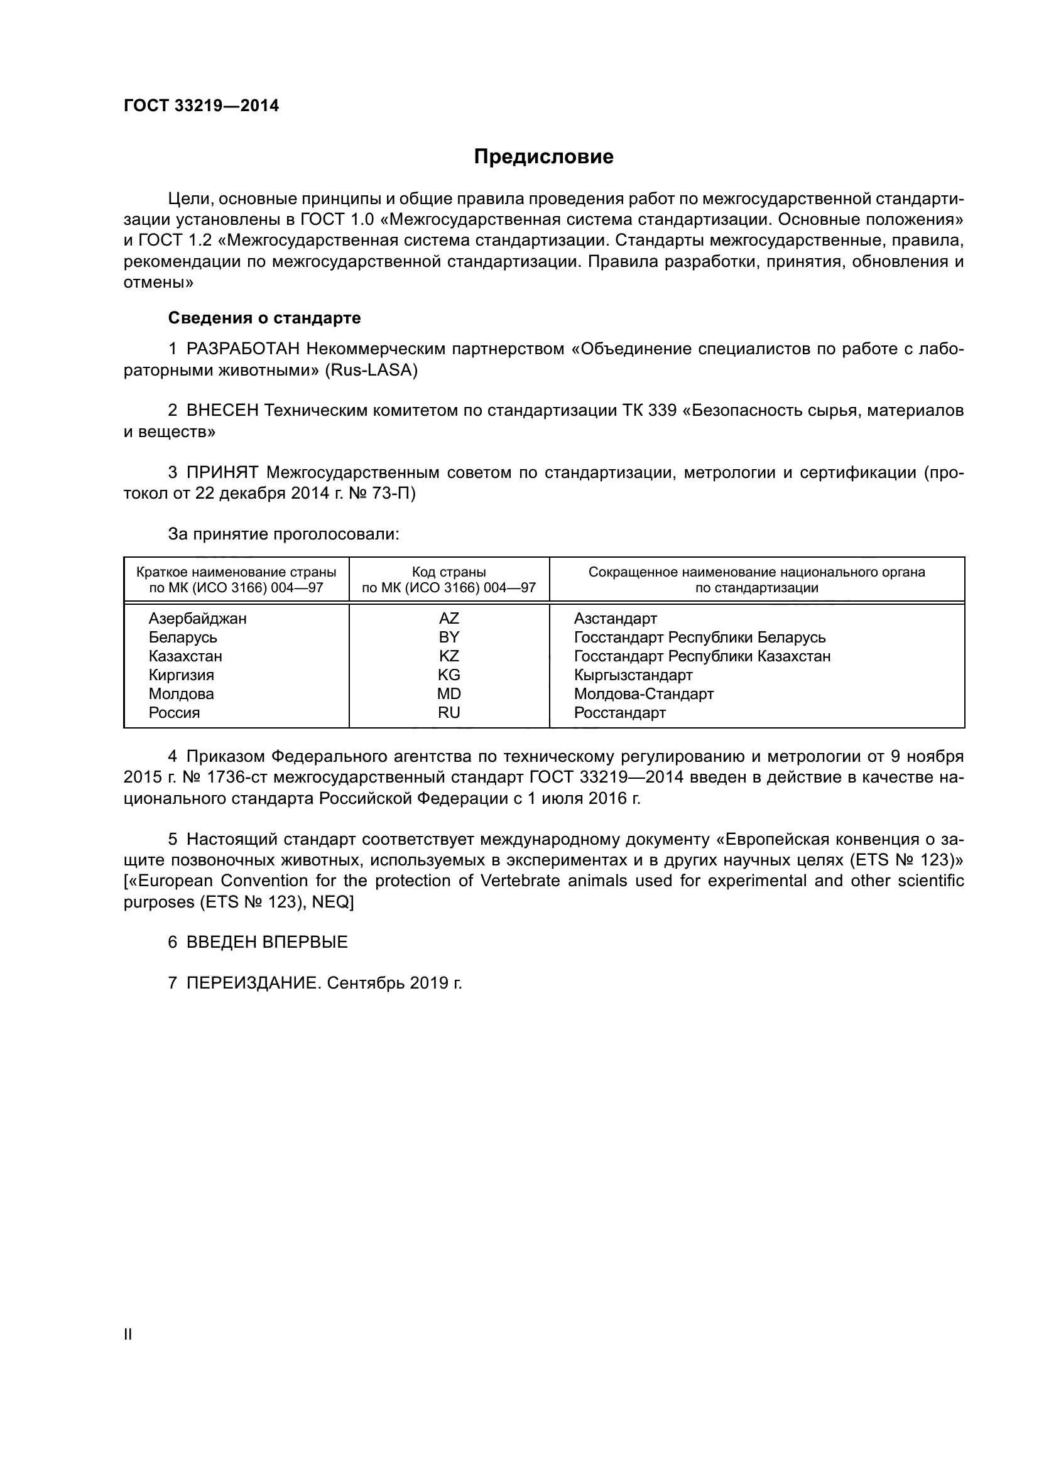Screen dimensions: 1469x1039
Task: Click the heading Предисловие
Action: (x=543, y=157)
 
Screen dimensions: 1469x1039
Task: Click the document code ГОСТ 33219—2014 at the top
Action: (x=201, y=106)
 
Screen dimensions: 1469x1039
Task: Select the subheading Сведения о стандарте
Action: (x=264, y=318)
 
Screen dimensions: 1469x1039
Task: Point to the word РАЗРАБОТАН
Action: (x=243, y=349)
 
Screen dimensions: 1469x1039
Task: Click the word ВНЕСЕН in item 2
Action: (x=222, y=411)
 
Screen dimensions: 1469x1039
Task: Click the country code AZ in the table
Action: (x=449, y=619)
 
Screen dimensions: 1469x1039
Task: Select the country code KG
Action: (x=449, y=675)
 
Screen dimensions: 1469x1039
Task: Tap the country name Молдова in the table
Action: (x=181, y=694)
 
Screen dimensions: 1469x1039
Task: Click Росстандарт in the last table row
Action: (x=619, y=713)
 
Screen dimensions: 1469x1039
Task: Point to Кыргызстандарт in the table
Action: (x=633, y=675)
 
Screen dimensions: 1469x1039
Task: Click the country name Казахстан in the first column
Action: (x=185, y=656)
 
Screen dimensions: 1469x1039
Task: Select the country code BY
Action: (x=449, y=637)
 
